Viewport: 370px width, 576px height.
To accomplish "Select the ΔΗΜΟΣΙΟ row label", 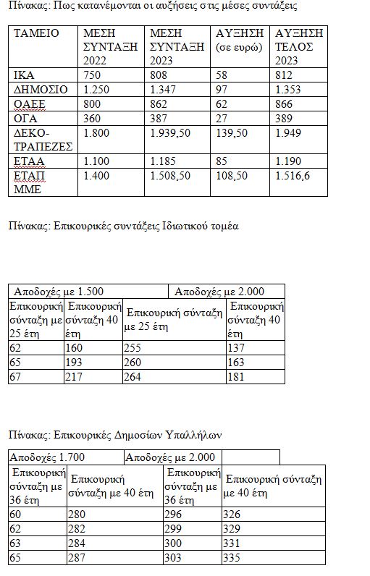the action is (x=41, y=89).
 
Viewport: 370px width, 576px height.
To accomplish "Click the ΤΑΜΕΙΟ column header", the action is (x=36, y=34).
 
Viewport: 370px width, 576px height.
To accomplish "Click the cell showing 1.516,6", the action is (x=291, y=175).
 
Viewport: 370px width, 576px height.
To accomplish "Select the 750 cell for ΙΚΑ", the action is (x=93, y=75).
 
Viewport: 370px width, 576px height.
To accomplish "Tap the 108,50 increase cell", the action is (x=232, y=175).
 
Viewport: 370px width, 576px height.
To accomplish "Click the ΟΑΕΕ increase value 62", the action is (x=224, y=103).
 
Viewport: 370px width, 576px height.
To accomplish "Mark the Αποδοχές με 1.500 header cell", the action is (x=57, y=292).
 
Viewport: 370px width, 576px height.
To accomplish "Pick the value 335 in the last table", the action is (x=234, y=559).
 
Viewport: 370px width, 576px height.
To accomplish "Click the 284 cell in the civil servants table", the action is (x=78, y=544).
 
